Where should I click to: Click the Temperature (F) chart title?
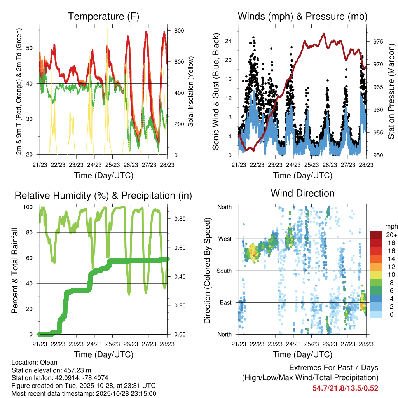click(x=103, y=17)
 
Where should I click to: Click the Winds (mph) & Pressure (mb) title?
click(x=302, y=17)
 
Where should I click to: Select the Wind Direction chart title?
click(x=302, y=193)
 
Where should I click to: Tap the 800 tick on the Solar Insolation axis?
click(x=179, y=31)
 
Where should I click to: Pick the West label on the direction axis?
click(x=224, y=239)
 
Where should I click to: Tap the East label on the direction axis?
click(x=225, y=302)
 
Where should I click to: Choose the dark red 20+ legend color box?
click(x=376, y=235)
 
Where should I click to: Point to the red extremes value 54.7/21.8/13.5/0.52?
click(x=345, y=388)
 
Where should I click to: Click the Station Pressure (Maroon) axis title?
click(x=391, y=91)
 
